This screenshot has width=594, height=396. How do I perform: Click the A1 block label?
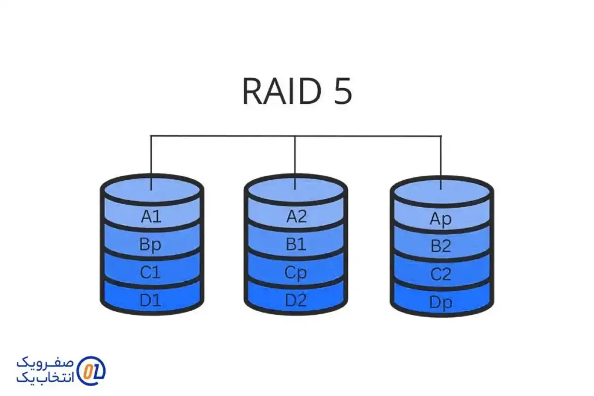151,217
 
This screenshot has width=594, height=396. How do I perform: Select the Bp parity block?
151,245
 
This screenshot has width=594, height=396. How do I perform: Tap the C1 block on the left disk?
151,273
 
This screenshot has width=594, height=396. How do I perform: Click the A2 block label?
296,216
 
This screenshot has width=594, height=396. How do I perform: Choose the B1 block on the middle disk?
296,244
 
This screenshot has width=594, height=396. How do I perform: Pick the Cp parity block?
296,273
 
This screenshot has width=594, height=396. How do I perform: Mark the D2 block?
296,301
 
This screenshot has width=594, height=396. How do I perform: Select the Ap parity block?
441,219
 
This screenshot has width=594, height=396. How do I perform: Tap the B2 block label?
441,246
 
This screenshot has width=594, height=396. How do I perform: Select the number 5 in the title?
343,91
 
